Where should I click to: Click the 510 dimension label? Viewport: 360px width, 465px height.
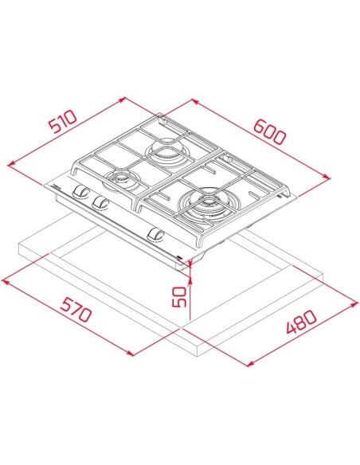pyautogui.click(x=63, y=121)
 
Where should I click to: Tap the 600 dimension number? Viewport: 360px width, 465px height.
pyautogui.click(x=270, y=131)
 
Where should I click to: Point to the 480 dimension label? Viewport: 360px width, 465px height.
pyautogui.click(x=302, y=322)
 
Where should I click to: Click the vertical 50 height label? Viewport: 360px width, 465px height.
pyautogui.click(x=179, y=296)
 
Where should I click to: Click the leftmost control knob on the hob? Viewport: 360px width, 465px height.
pyautogui.click(x=80, y=191)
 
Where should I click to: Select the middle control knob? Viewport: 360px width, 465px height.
pyautogui.click(x=100, y=202)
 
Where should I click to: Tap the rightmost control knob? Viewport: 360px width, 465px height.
pyautogui.click(x=155, y=234)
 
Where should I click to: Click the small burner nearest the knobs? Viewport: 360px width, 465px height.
pyautogui.click(x=119, y=180)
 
